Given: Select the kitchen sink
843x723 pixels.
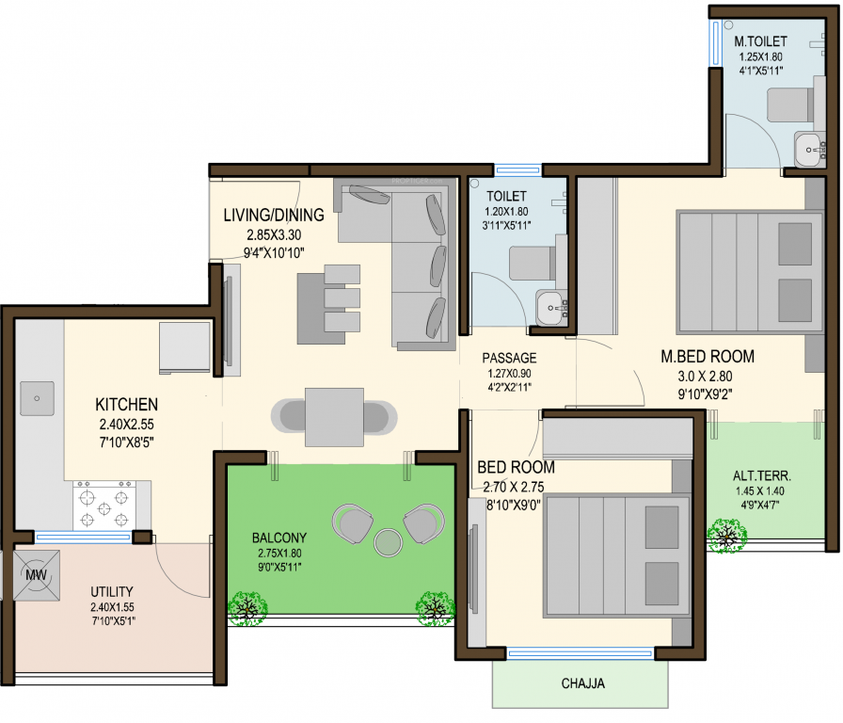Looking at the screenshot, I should click(37, 399).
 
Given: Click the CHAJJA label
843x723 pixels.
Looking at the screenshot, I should click(583, 683).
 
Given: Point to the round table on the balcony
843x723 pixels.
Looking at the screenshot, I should click(386, 542).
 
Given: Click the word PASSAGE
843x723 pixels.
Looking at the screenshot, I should click(509, 358).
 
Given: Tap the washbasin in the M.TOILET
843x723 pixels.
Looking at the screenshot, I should click(808, 148).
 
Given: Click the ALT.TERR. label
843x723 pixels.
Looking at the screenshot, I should click(762, 474).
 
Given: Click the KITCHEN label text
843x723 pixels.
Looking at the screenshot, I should click(126, 405).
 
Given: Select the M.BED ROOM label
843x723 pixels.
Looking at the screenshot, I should click(707, 357).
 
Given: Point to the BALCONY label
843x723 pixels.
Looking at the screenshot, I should click(278, 538).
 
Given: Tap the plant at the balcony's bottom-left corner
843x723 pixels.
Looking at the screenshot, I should click(247, 608).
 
